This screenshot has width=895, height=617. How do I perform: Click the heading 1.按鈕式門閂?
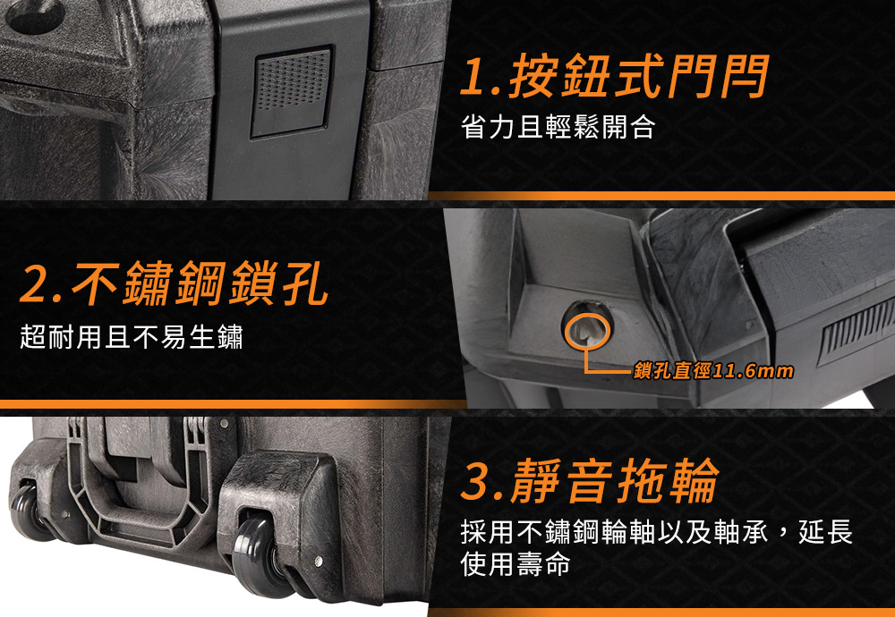click(x=615, y=76)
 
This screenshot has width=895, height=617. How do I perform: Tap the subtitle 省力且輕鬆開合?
click(x=558, y=127)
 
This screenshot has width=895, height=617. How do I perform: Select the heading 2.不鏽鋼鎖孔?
click(x=174, y=283)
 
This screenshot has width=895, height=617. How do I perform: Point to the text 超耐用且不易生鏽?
click(x=132, y=336)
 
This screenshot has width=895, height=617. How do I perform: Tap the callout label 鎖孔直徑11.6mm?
click(x=713, y=371)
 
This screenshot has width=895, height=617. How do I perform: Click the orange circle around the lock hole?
click(x=587, y=332)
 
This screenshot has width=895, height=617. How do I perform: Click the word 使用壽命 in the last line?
click(x=516, y=564)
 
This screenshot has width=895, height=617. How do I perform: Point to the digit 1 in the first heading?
click(x=473, y=77)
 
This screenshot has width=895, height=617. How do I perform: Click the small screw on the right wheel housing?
click(x=319, y=562)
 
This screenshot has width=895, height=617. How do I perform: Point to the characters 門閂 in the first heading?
click(x=718, y=76)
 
